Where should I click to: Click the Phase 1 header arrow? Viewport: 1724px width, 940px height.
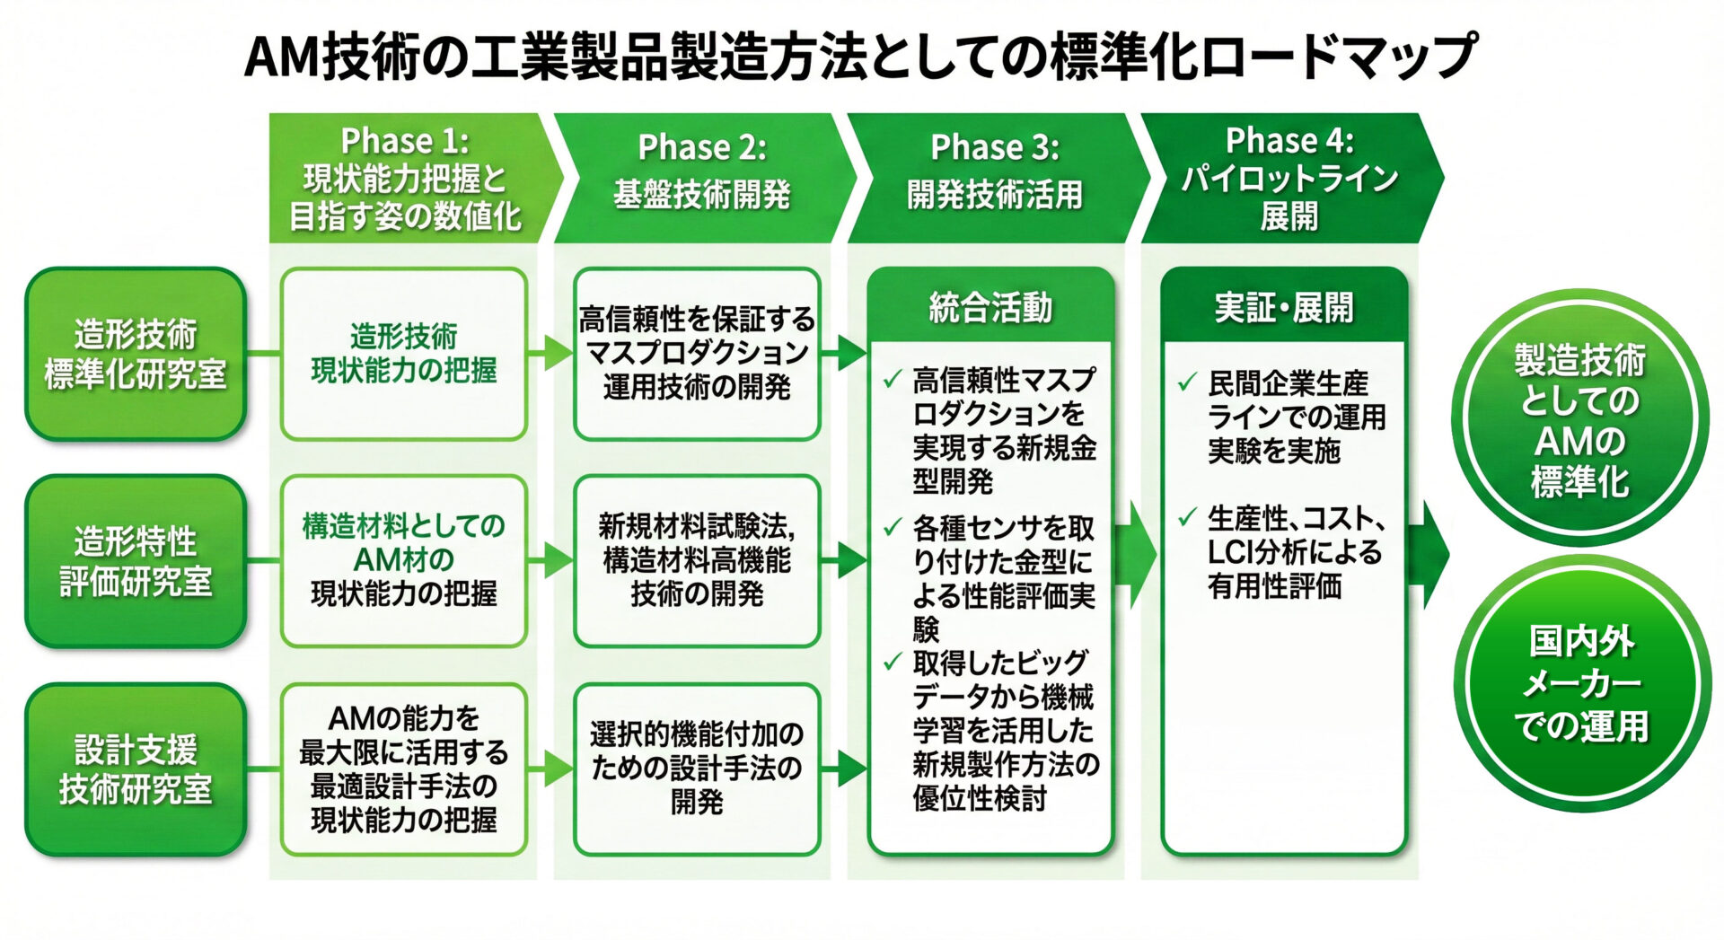tap(406, 178)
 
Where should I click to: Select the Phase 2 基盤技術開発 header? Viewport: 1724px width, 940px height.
tap(701, 178)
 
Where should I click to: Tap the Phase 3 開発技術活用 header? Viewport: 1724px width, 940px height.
tap(995, 178)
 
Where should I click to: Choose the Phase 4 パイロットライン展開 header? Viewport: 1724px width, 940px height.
tap(1289, 178)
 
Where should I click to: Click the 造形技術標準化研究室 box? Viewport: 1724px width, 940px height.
tap(136, 354)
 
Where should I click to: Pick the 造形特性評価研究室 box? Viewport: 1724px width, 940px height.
tap(136, 561)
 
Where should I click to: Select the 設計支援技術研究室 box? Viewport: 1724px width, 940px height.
tap(136, 769)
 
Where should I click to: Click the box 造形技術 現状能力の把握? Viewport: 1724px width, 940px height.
tap(404, 354)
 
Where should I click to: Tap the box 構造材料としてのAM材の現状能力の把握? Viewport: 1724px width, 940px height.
tap(404, 560)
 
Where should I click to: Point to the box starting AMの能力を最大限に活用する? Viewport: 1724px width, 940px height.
tap(404, 769)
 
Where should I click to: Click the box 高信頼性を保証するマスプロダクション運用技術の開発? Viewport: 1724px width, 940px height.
tap(697, 354)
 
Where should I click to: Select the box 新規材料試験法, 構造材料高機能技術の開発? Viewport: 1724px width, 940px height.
tap(697, 560)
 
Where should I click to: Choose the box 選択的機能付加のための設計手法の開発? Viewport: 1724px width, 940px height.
tap(697, 769)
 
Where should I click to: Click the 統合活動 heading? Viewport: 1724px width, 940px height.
tap(990, 308)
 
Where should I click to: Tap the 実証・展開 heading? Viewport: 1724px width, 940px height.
tap(1283, 308)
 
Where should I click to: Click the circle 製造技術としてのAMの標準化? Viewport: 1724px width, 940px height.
tap(1579, 420)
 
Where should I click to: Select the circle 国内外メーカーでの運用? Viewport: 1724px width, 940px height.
tap(1581, 684)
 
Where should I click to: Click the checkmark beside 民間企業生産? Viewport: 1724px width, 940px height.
tap(1187, 383)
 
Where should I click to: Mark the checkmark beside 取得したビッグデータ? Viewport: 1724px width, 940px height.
tap(893, 663)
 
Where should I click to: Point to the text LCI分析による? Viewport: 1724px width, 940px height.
tap(1294, 552)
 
